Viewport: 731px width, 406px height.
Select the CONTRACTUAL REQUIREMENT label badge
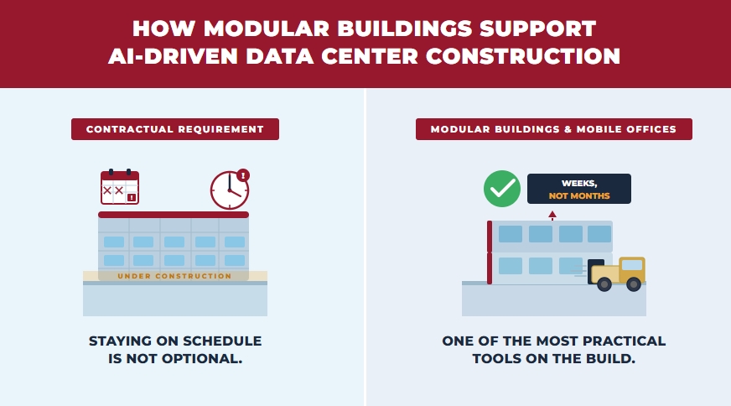(175, 129)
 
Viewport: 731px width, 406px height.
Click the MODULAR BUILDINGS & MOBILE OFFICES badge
(554, 129)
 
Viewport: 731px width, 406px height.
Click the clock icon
(229, 190)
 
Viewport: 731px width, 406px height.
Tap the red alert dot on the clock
(243, 175)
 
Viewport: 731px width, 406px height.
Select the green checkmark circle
(502, 189)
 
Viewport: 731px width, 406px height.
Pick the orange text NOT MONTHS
(578, 196)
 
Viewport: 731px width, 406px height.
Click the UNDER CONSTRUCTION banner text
(174, 276)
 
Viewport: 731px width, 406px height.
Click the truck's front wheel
(634, 284)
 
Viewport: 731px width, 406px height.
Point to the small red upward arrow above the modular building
(552, 216)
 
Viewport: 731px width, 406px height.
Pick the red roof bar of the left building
(174, 215)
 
